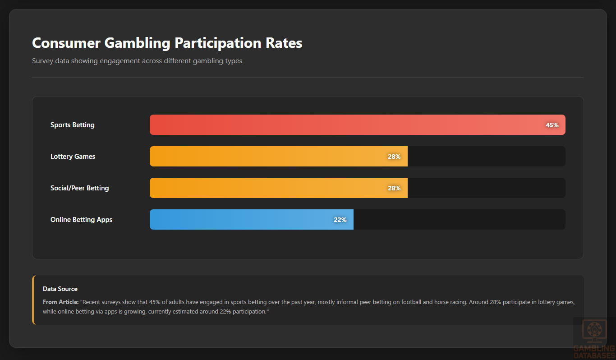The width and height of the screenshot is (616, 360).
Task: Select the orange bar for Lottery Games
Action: (x=271, y=157)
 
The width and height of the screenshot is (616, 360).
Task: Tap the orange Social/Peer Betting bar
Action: (x=271, y=188)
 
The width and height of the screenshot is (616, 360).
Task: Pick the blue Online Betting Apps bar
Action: (x=244, y=220)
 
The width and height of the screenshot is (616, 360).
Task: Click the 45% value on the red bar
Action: (x=552, y=125)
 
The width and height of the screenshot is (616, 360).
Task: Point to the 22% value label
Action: (x=340, y=220)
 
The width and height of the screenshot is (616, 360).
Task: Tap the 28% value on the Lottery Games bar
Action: (x=394, y=157)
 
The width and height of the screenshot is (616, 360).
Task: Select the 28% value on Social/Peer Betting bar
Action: (x=394, y=188)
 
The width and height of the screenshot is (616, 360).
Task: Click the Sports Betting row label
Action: (x=73, y=125)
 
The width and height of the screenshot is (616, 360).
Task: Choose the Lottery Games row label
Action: (x=73, y=157)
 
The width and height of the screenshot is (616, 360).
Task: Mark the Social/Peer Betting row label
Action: (x=80, y=188)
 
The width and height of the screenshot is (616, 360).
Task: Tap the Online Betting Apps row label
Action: (x=82, y=220)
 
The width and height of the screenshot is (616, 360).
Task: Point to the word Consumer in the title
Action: (x=66, y=43)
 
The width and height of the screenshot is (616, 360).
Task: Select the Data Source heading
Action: (x=60, y=289)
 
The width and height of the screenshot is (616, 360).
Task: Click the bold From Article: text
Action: (x=61, y=302)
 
